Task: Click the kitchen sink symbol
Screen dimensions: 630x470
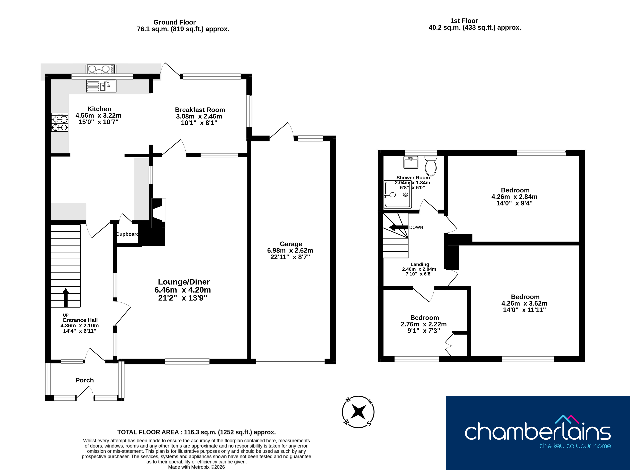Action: pyautogui.click(x=101, y=86)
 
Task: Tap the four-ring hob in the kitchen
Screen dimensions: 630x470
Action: pyautogui.click(x=60, y=122)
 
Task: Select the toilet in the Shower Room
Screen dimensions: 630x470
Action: pyautogui.click(x=431, y=166)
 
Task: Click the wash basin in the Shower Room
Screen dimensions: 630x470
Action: pyautogui.click(x=411, y=162)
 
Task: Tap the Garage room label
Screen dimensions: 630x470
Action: pyautogui.click(x=291, y=244)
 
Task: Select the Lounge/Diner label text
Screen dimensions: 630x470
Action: pyautogui.click(x=184, y=282)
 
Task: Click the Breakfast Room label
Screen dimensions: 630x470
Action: pyautogui.click(x=200, y=110)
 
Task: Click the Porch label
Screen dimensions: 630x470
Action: pyautogui.click(x=85, y=380)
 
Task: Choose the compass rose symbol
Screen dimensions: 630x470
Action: pyautogui.click(x=358, y=412)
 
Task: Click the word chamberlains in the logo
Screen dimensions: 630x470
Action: pyautogui.click(x=538, y=431)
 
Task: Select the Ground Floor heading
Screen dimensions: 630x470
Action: pyautogui.click(x=175, y=22)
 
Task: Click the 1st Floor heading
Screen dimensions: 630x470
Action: pyautogui.click(x=464, y=21)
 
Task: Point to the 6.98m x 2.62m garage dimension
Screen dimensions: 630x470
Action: pyautogui.click(x=290, y=250)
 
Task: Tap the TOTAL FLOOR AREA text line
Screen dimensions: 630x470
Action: pyautogui.click(x=196, y=432)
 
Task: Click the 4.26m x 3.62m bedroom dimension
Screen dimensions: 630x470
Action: pyautogui.click(x=524, y=303)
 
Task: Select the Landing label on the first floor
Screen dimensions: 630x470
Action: pyautogui.click(x=420, y=264)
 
